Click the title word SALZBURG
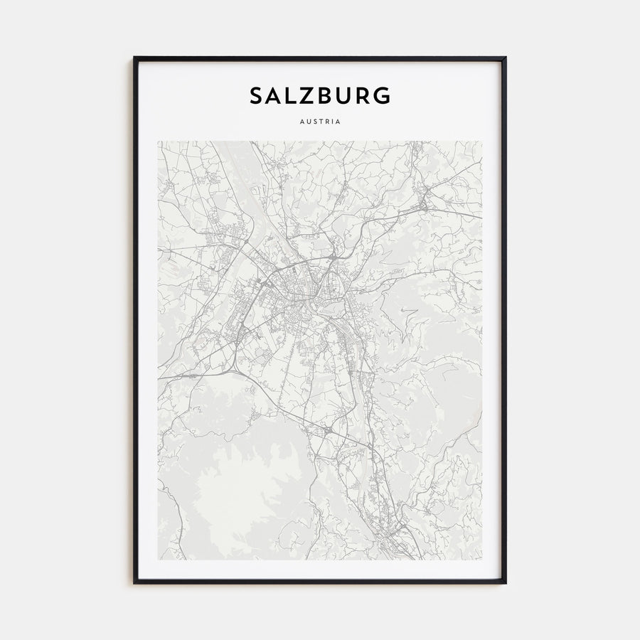coord(320,95)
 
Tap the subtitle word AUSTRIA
coord(320,121)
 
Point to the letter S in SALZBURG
coord(256,95)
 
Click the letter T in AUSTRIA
coord(321,121)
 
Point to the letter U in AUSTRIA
coord(308,121)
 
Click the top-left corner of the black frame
coord(134,58)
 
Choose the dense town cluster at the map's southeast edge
coord(395,530)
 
